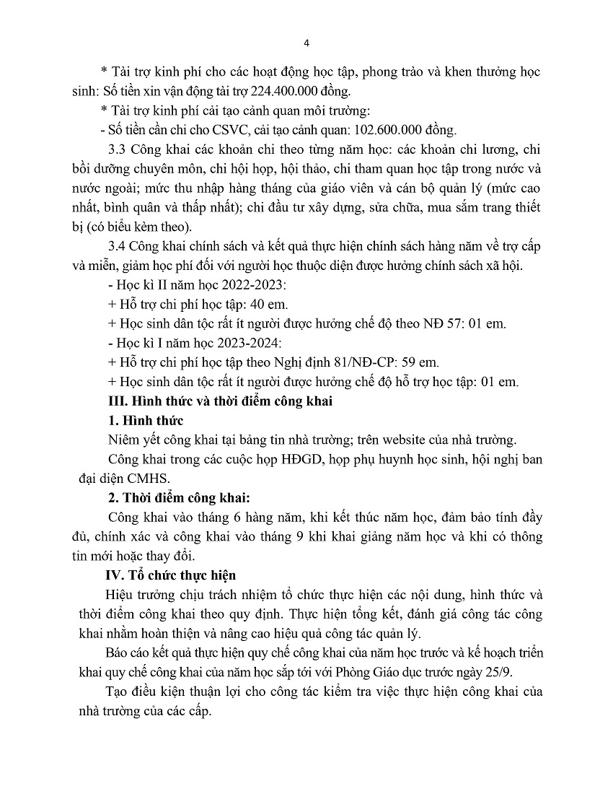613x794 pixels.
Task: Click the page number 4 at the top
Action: click(306, 43)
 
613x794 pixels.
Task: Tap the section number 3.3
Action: click(115, 150)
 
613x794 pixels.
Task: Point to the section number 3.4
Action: click(115, 247)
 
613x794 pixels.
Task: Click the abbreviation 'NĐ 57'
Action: click(441, 324)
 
